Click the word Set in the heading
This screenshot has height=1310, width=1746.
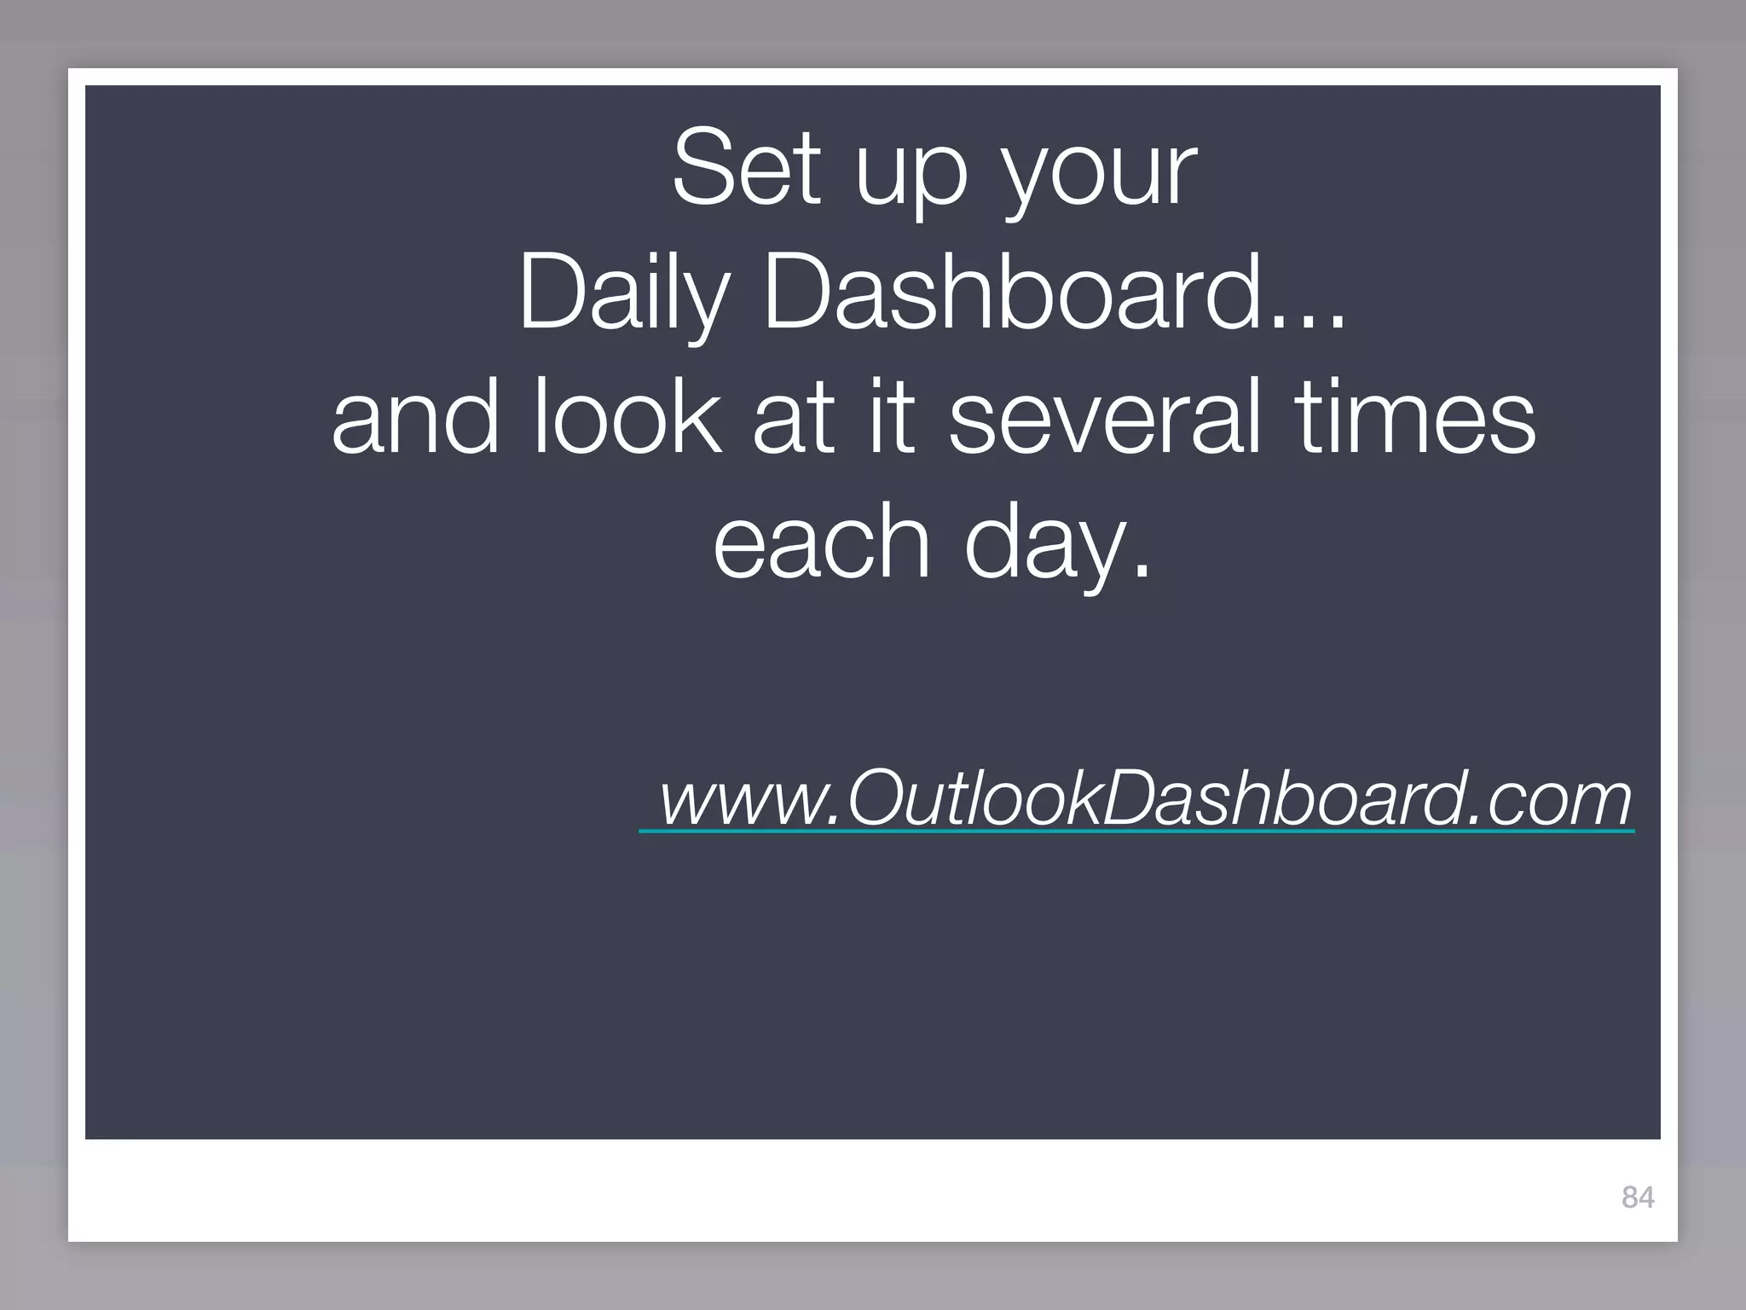747,168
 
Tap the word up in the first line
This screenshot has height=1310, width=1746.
911,175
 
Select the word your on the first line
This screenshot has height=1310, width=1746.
1100,175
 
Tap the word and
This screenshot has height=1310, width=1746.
415,417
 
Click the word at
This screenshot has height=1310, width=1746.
793,418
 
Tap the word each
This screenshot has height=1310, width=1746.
820,541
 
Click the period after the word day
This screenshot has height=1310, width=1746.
1142,571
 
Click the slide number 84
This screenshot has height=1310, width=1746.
1638,1197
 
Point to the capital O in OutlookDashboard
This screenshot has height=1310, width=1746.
878,797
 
